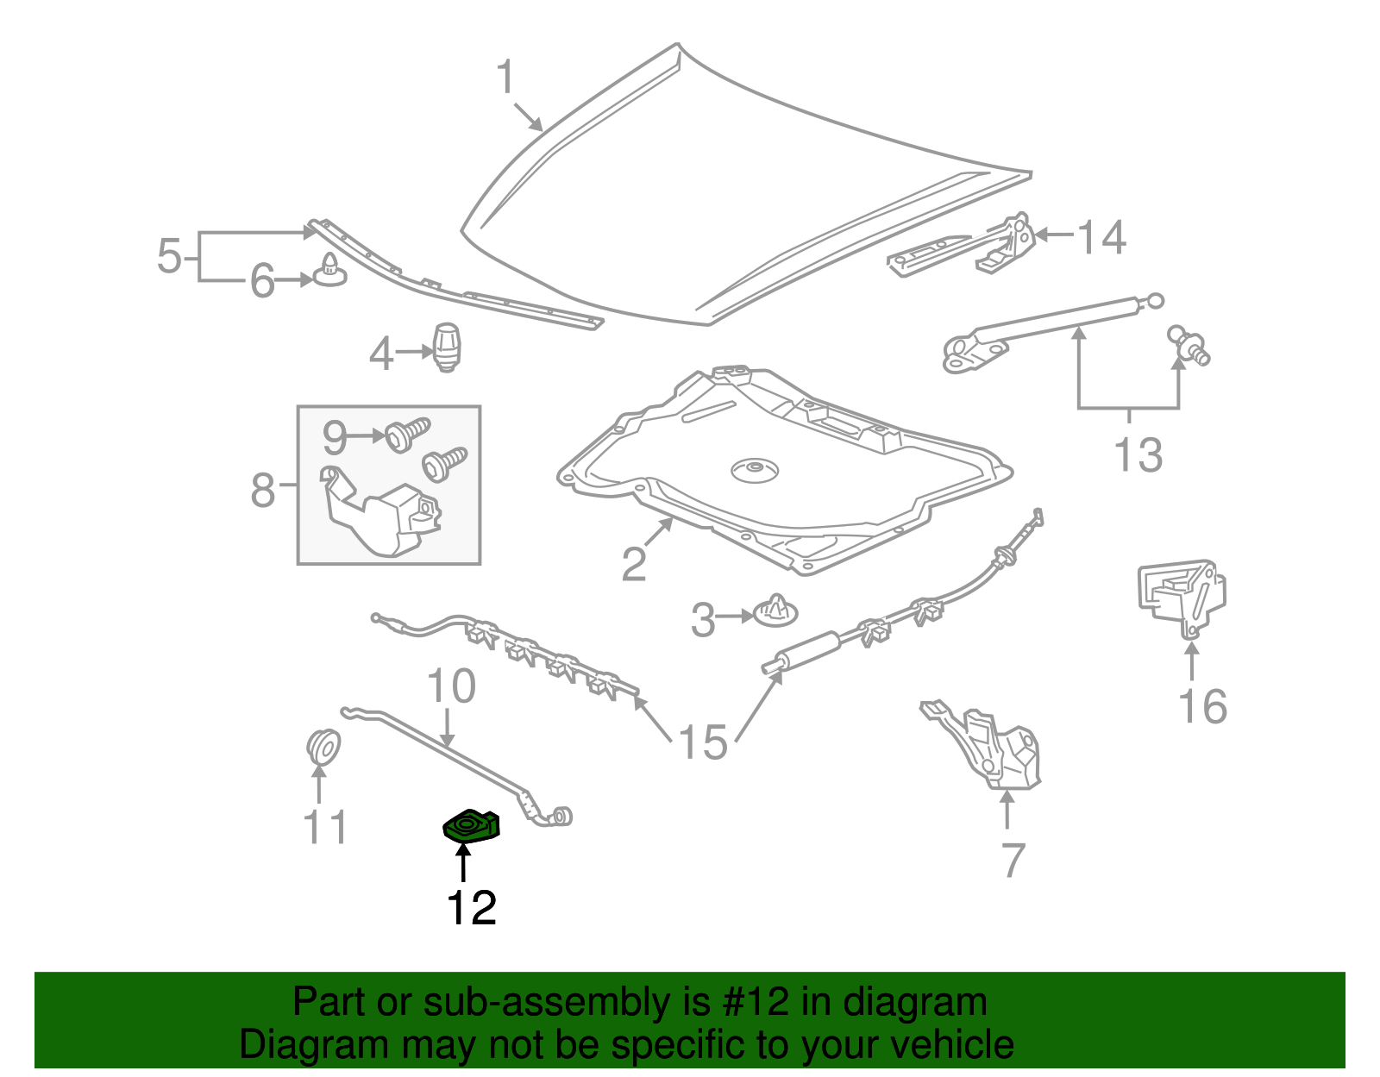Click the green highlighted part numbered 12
tap(470, 826)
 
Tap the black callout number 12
tap(471, 908)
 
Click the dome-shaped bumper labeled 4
tap(446, 347)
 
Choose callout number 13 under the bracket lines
tap(1138, 454)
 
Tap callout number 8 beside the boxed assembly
tap(262, 490)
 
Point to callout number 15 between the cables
tap(703, 742)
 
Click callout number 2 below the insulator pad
tap(634, 565)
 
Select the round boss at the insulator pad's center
tap(755, 471)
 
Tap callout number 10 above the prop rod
tap(451, 686)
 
